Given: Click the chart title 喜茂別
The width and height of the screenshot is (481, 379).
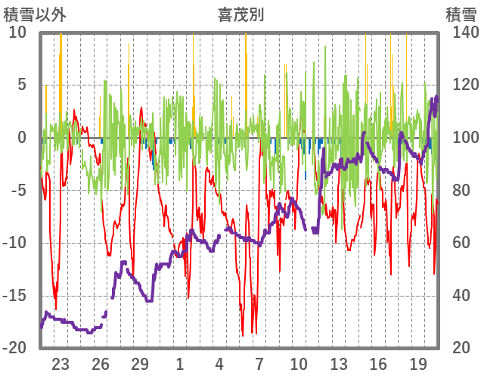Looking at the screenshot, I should (240, 14).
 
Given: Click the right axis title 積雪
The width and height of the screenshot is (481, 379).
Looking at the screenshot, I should (460, 14).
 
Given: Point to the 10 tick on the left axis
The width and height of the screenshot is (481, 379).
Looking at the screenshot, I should (17, 32).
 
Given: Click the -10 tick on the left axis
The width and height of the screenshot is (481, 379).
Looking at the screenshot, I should (14, 243).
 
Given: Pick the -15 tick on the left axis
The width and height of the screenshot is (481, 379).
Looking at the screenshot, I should (14, 295).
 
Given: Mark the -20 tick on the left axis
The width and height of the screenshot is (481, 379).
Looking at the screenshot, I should (14, 348).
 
